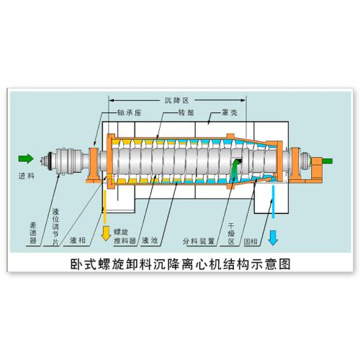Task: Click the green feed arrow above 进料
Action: tap(26, 158)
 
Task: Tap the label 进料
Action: tap(27, 176)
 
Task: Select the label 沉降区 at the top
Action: tap(176, 100)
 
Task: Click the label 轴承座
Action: tap(129, 112)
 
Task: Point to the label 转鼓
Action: tap(186, 112)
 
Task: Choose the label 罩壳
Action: tap(230, 112)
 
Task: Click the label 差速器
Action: tap(33, 233)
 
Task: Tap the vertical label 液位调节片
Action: tap(55, 227)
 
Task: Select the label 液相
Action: tap(78, 240)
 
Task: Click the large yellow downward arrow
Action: tap(106, 233)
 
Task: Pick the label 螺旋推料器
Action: tap(125, 236)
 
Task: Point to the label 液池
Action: tap(150, 240)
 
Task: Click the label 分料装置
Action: tap(199, 241)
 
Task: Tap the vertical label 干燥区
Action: tap(231, 233)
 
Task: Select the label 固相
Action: tap(251, 241)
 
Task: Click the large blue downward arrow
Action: tap(273, 238)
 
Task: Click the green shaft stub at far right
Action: tap(327, 161)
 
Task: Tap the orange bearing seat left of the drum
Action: tap(93, 165)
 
